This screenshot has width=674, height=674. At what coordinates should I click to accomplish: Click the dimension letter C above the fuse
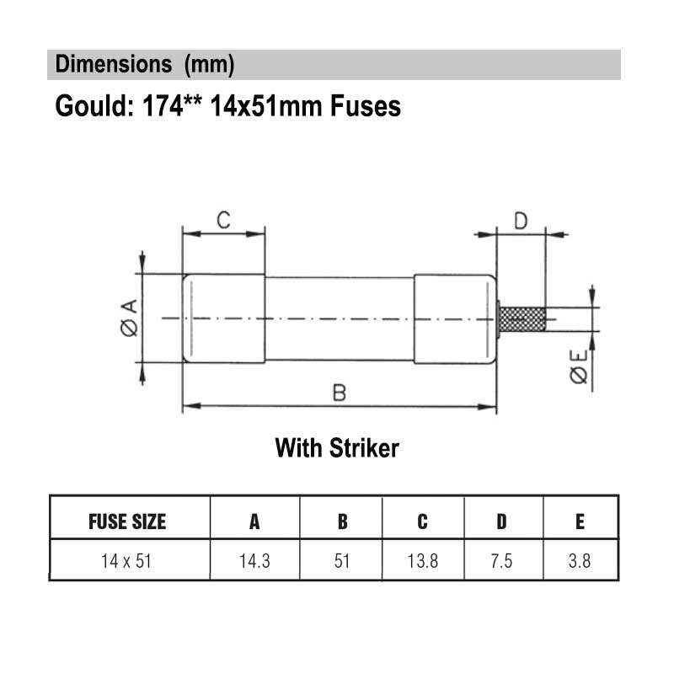[223, 220]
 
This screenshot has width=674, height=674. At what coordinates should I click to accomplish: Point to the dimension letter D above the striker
[521, 221]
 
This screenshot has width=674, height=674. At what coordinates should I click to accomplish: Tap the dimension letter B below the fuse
[340, 393]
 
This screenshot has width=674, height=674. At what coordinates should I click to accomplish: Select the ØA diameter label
[130, 318]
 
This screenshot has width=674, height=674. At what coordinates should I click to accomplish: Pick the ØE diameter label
[579, 366]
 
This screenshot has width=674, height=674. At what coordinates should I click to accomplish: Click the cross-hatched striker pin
[522, 319]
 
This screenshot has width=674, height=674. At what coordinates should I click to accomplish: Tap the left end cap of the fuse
[223, 318]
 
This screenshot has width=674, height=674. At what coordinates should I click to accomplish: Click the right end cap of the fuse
[455, 319]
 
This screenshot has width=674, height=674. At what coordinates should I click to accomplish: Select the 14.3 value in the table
[254, 561]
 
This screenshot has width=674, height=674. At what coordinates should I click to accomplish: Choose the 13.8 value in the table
[423, 561]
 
